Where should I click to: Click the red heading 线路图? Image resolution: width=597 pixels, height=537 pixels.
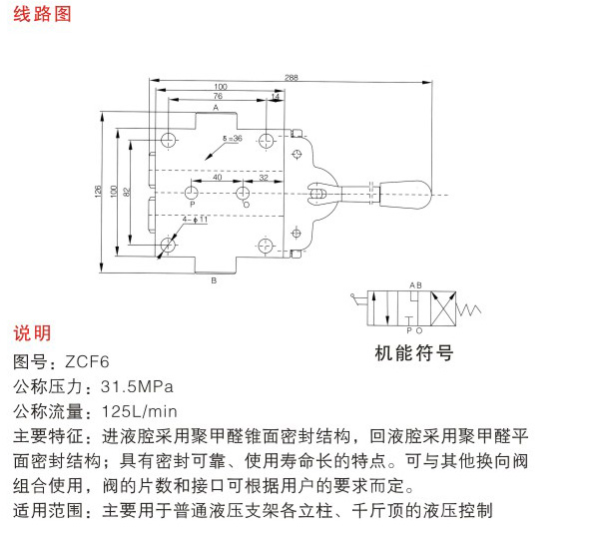tap(42, 14)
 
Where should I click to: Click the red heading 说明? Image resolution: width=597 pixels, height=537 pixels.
tap(32, 333)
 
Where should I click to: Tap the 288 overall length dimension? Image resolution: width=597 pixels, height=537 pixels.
tap(292, 77)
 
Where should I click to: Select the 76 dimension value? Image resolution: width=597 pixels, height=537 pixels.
tap(218, 96)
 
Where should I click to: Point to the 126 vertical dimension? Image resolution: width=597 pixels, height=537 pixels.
tap(98, 191)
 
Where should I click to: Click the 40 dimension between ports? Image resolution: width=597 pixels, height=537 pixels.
tap(217, 177)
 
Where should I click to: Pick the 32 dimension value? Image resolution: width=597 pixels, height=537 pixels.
tap(264, 178)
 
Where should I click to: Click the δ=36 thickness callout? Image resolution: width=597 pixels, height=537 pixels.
tap(233, 138)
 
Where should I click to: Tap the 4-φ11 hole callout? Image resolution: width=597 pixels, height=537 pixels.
tap(195, 220)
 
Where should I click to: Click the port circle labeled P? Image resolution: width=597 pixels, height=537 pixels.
tap(192, 193)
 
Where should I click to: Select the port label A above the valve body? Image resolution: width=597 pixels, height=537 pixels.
tap(216, 108)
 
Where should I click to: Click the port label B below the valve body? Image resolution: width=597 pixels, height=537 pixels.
tap(214, 280)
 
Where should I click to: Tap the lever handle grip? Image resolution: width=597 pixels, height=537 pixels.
tap(405, 195)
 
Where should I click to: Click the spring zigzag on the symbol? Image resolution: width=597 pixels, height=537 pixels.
tap(468, 310)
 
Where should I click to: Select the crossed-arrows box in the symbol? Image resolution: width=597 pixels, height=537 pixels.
tap(443, 308)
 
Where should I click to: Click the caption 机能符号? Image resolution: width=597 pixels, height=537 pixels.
tap(414, 352)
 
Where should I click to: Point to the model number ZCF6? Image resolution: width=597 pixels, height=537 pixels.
tap(87, 361)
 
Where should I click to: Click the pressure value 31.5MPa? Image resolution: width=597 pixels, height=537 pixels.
tap(137, 386)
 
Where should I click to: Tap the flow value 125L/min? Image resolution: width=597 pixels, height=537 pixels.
tap(140, 411)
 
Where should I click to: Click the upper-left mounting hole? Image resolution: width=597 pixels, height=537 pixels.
tap(168, 140)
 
